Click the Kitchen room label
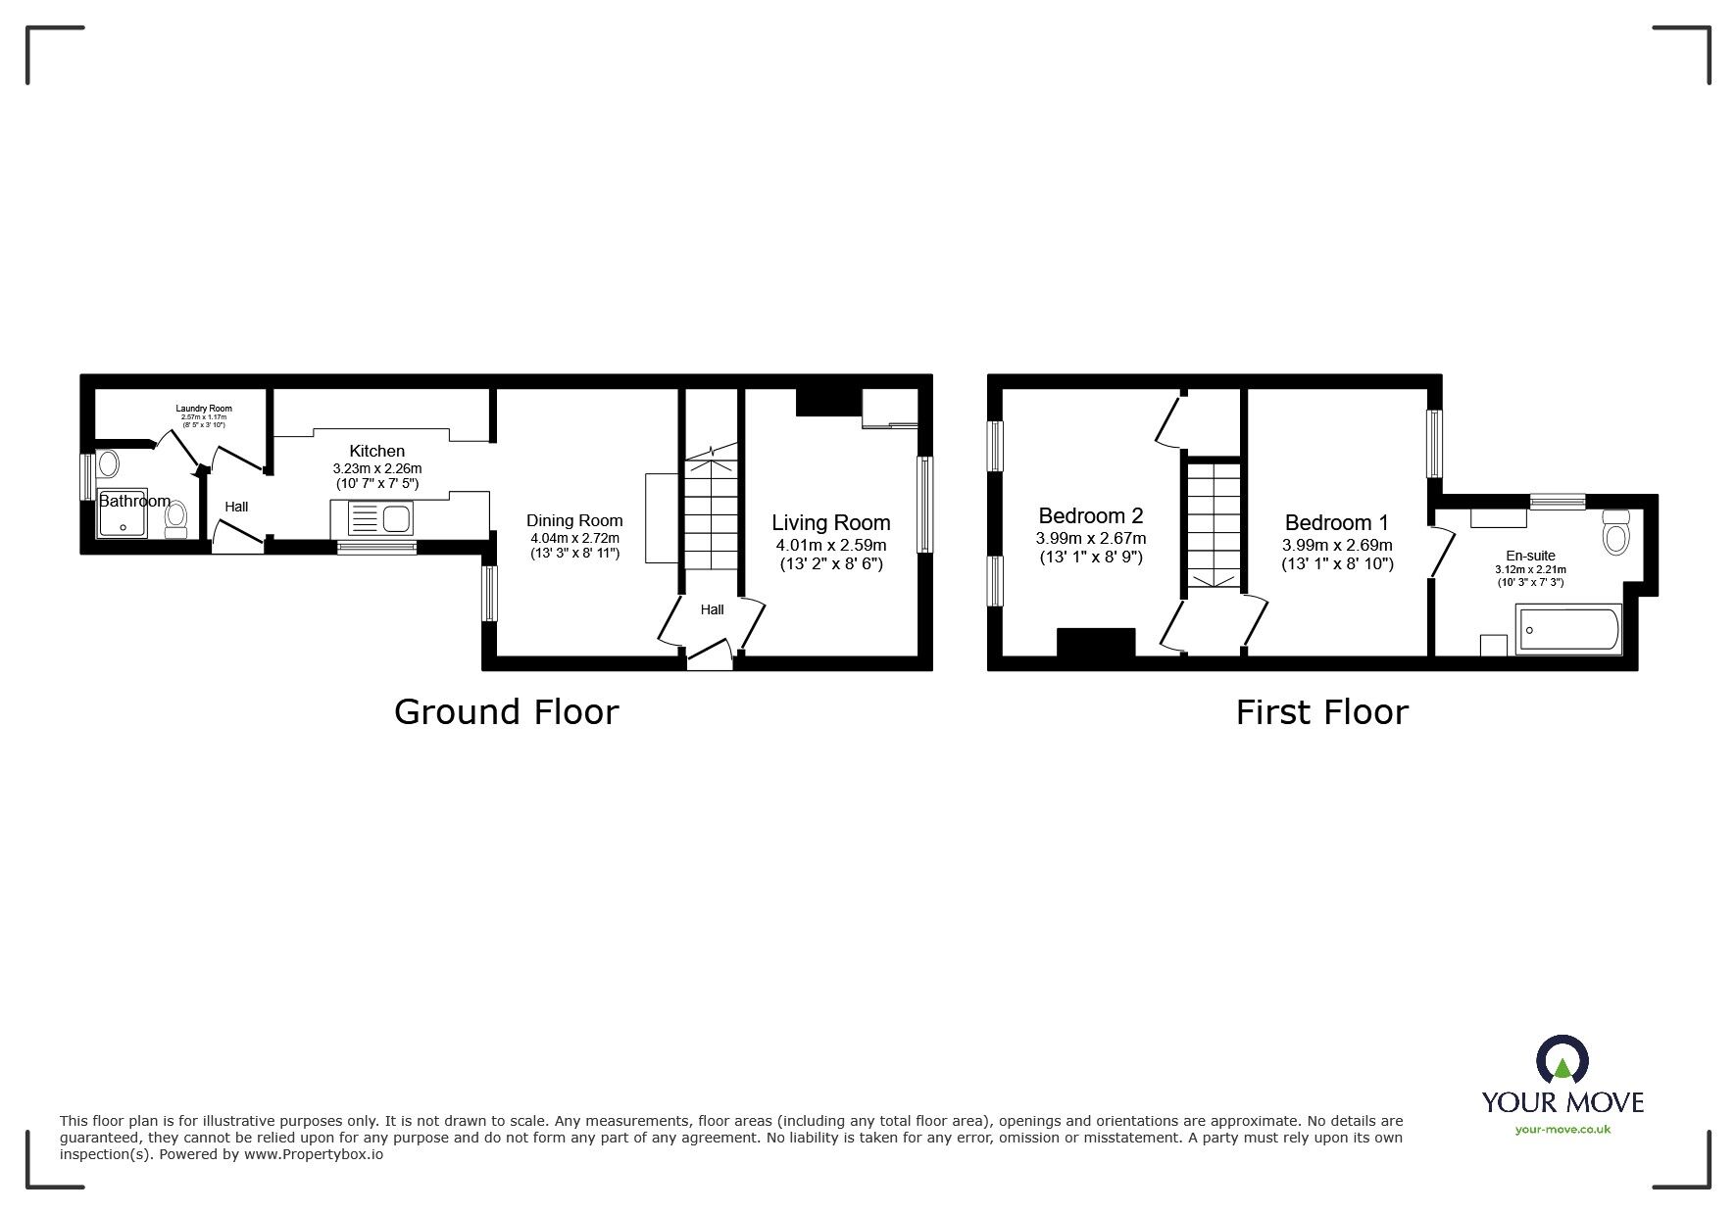377,451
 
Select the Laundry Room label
204,409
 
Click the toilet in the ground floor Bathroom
176,518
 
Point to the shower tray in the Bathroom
123,513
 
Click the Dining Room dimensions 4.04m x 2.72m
574,538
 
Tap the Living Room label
830,523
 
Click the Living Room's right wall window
924,505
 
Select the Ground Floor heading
506,711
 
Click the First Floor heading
1321,711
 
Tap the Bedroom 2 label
1090,515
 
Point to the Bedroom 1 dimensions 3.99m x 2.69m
1337,545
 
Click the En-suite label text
1530,556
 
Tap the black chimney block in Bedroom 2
1095,642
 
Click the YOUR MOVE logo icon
1562,1060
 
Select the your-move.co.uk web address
1562,1130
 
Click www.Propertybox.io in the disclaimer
314,1154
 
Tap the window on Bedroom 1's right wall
1435,442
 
